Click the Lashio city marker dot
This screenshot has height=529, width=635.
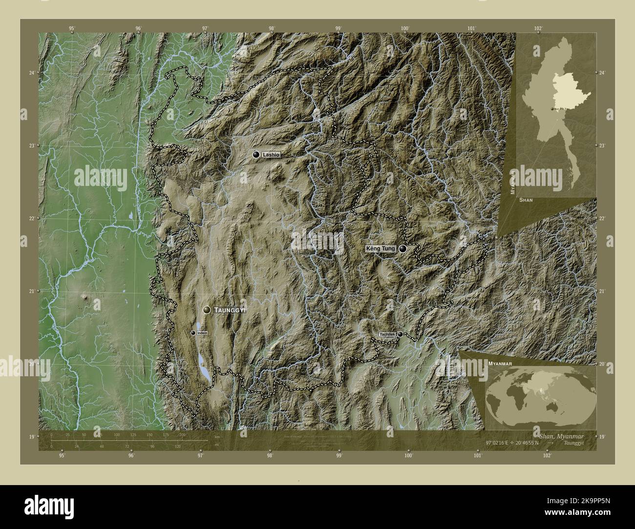pyautogui.click(x=255, y=155)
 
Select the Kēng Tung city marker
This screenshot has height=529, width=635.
pyautogui.click(x=403, y=249)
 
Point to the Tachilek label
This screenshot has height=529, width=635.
pyautogui.click(x=387, y=334)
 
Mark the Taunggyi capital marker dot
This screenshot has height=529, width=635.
pyautogui.click(x=207, y=310)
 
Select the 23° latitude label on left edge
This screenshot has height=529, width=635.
pyautogui.click(x=32, y=145)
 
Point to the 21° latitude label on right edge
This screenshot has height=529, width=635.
pyautogui.click(x=602, y=291)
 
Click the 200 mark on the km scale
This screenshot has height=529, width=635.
pyautogui.click(x=182, y=434)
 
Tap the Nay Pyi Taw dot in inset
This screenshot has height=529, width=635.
pyautogui.click(x=552, y=109)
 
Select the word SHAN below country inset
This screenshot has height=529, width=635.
pyautogui.click(x=526, y=200)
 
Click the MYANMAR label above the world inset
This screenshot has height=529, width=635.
pyautogui.click(x=499, y=364)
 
